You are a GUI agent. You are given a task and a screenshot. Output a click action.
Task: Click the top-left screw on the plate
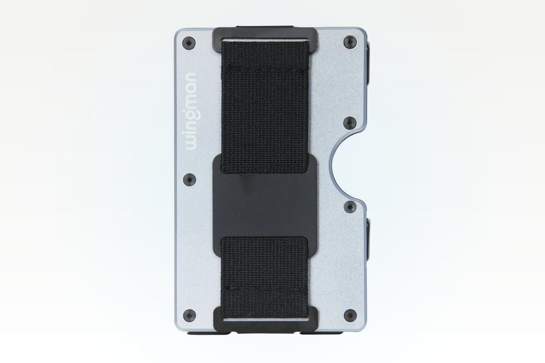[190, 43]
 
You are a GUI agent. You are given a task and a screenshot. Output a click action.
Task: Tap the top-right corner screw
[350, 42]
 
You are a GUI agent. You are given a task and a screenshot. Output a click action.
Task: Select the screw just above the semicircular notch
[350, 123]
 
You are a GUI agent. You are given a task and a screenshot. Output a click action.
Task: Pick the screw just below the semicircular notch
[350, 207]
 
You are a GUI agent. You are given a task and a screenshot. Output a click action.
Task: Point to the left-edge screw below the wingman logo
[190, 179]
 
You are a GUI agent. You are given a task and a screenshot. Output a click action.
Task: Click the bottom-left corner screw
[190, 315]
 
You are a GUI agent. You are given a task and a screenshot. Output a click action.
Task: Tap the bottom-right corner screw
[350, 315]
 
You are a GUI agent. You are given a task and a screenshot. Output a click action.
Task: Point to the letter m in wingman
[191, 104]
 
